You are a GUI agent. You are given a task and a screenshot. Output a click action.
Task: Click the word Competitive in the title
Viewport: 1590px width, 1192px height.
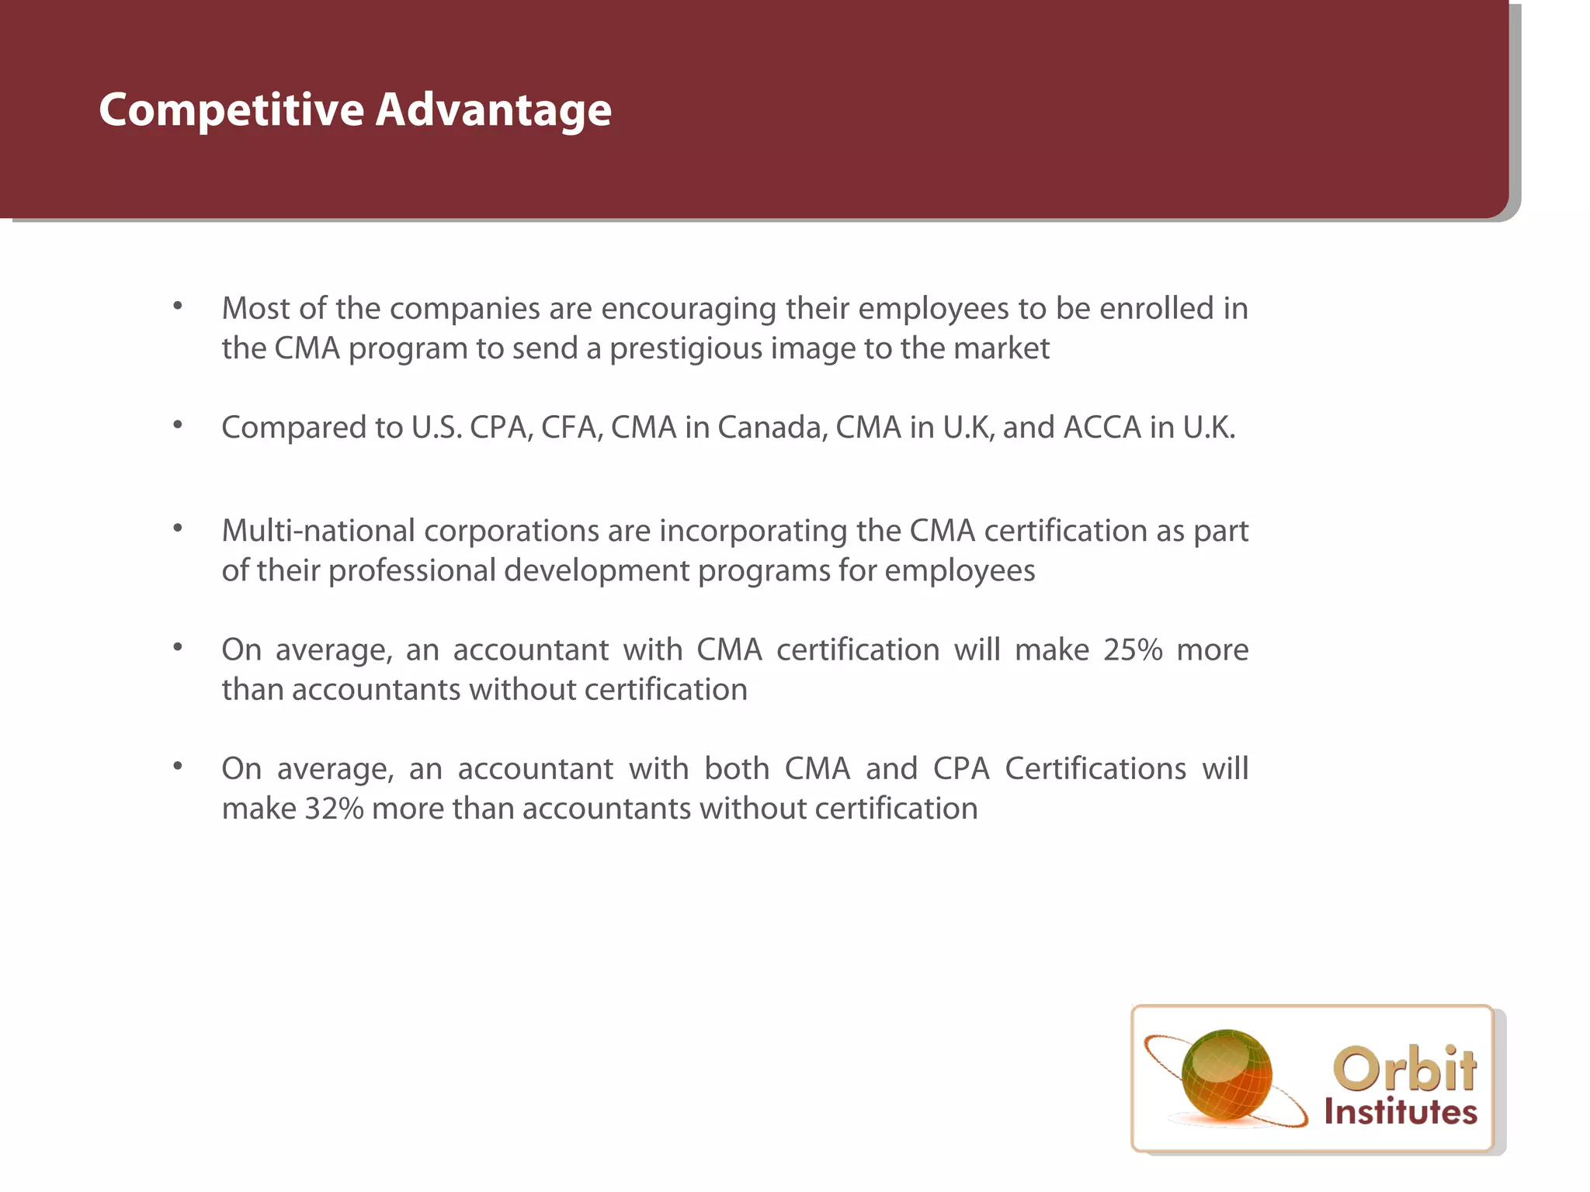pos(231,110)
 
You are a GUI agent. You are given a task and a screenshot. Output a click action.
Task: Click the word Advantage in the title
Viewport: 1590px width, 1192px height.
pos(494,110)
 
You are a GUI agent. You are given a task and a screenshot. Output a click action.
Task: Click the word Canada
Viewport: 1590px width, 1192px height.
pos(772,428)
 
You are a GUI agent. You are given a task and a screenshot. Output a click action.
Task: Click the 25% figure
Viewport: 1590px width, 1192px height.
pos(1133,650)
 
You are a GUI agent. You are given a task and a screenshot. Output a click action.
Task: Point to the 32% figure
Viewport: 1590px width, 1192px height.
pos(334,809)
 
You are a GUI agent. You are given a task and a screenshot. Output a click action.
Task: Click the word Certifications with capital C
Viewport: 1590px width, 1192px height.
pos(1095,769)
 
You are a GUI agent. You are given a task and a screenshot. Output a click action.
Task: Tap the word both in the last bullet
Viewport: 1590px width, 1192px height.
pos(737,769)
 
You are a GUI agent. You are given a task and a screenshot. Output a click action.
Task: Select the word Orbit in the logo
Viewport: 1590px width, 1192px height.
pos(1404,1069)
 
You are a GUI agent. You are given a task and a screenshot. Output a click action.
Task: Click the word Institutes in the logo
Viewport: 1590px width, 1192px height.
pos(1401,1112)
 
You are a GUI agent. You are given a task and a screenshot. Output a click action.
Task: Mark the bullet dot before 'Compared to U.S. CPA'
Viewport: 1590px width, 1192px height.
pos(178,424)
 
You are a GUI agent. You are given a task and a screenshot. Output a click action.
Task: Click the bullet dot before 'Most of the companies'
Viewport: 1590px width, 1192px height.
pos(178,306)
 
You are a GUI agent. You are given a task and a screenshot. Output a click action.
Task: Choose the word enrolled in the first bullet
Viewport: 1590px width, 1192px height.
pos(1157,310)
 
